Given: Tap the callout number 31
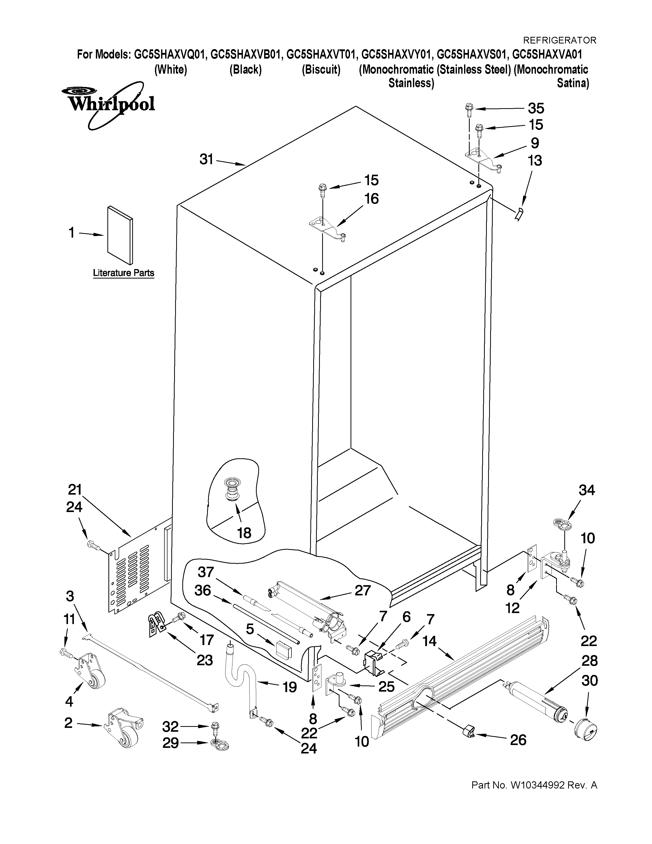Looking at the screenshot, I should (x=207, y=159).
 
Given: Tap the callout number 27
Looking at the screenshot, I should (x=362, y=590).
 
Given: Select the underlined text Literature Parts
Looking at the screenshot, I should (x=123, y=273).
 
